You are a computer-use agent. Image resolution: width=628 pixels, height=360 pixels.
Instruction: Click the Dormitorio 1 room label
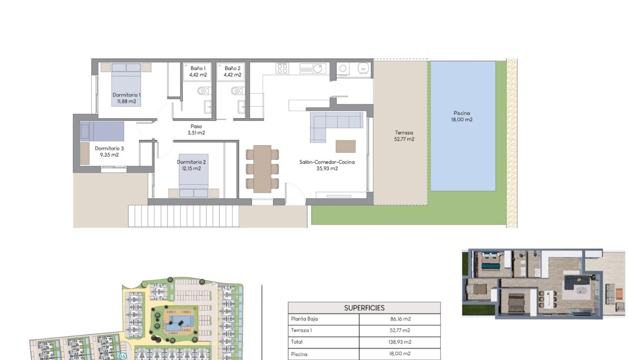pos(126,95)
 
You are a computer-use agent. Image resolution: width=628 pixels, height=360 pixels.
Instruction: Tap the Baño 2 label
pos(232,69)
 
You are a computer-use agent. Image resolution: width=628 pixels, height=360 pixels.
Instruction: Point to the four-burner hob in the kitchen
pos(282,69)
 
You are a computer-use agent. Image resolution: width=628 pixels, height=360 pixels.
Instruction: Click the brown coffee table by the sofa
pos(345,146)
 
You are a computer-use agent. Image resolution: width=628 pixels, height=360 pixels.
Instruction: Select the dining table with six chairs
pos(262,169)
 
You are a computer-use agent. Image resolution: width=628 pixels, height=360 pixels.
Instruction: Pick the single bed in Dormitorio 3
pos(102,131)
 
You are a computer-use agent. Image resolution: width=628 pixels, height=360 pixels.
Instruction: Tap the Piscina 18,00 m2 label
pos(462,117)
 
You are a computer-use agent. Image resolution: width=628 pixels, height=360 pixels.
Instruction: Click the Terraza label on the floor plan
pos(404,133)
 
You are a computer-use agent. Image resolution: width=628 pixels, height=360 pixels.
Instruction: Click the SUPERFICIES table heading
pos(364,308)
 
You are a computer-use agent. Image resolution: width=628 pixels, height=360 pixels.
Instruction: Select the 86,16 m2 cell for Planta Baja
pos(399,319)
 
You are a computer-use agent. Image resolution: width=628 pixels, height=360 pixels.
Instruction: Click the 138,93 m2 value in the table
pos(399,342)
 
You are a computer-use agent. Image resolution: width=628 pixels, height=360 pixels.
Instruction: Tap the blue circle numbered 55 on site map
pos(122,356)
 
